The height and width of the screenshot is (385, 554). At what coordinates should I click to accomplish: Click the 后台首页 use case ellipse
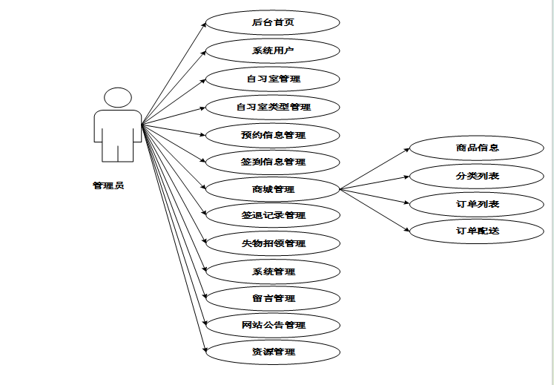pyautogui.click(x=272, y=22)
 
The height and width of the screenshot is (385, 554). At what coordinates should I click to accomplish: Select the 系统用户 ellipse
pyautogui.click(x=272, y=50)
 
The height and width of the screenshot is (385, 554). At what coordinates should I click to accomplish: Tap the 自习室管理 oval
pyautogui.click(x=272, y=78)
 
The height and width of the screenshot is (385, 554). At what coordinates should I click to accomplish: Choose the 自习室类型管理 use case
pyautogui.click(x=272, y=107)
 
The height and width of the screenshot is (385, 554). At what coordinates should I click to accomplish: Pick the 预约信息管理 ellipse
pyautogui.click(x=272, y=135)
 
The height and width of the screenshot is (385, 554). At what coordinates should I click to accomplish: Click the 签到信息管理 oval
pyautogui.click(x=272, y=162)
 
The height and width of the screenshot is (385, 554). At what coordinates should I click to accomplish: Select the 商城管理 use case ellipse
pyautogui.click(x=272, y=189)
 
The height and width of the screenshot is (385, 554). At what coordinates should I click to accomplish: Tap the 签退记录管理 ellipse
pyautogui.click(x=272, y=216)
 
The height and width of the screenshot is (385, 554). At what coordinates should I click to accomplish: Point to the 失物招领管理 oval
pyautogui.click(x=272, y=243)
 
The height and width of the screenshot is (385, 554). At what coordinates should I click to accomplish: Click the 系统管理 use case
pyautogui.click(x=272, y=272)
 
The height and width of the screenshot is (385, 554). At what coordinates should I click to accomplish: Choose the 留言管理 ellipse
pyautogui.click(x=272, y=298)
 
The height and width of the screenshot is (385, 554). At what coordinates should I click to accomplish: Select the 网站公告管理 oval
pyautogui.click(x=272, y=325)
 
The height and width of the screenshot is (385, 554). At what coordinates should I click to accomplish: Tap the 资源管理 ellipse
pyautogui.click(x=272, y=352)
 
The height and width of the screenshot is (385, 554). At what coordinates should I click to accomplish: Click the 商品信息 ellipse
pyautogui.click(x=477, y=147)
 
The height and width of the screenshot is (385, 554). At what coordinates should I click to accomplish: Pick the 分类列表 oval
pyautogui.click(x=477, y=176)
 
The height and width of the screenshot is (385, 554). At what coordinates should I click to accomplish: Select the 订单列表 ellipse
pyautogui.click(x=477, y=204)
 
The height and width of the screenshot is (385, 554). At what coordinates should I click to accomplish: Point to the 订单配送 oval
pyautogui.click(x=477, y=231)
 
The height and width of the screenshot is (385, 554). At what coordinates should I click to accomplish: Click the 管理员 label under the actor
pyautogui.click(x=108, y=185)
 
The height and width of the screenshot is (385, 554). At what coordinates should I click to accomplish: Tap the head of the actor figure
pyautogui.click(x=118, y=98)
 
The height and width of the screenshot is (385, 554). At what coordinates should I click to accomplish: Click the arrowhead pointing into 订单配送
pyautogui.click(x=407, y=230)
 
